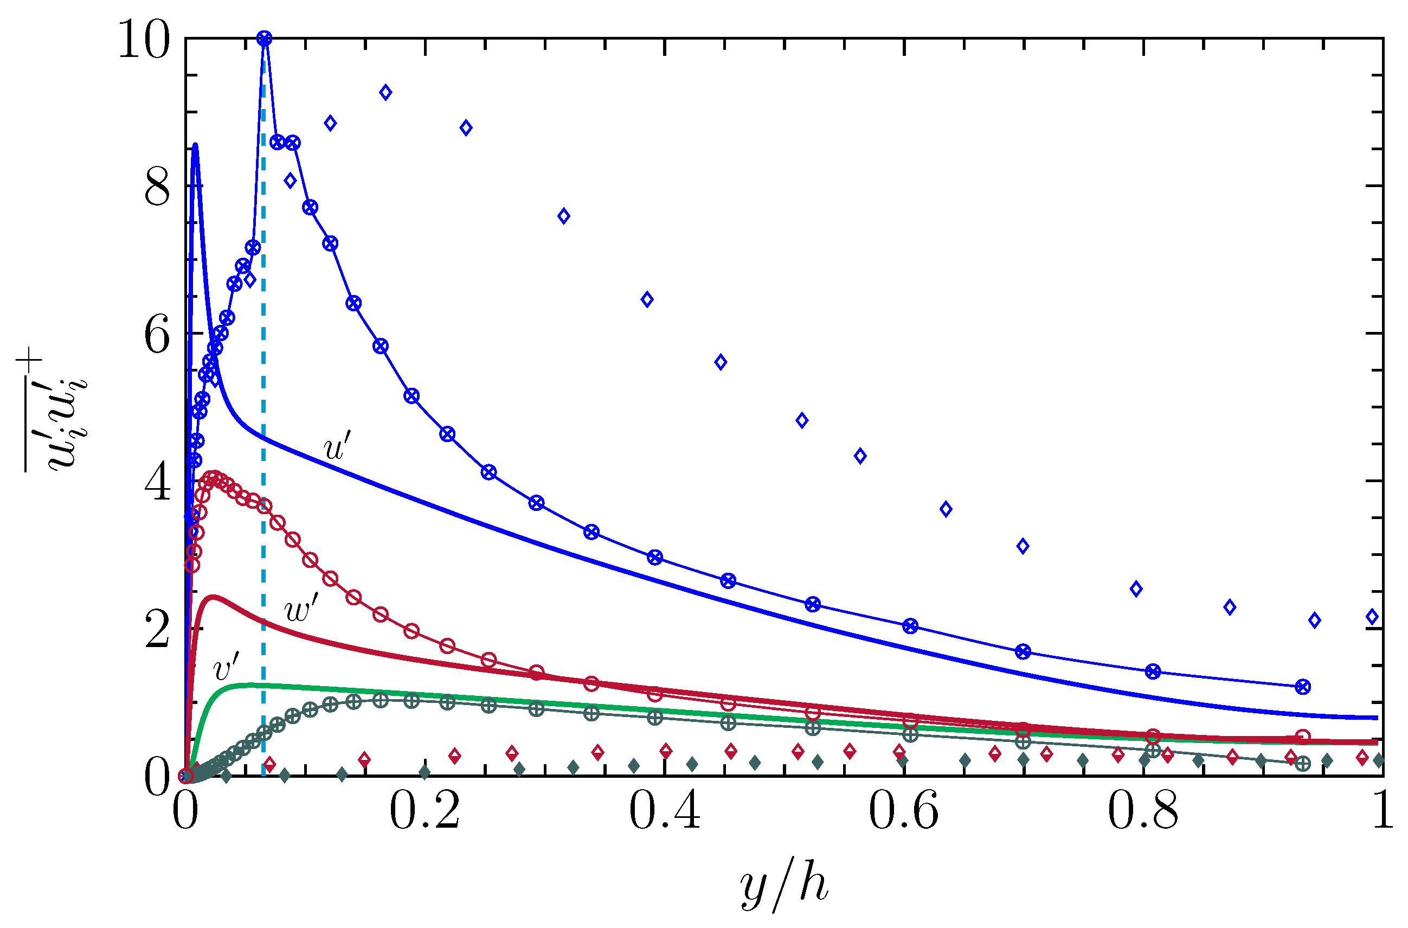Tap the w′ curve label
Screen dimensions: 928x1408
coord(301,610)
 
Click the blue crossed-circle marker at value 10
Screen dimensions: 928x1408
coord(265,39)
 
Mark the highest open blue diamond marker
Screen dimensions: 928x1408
coord(385,92)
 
